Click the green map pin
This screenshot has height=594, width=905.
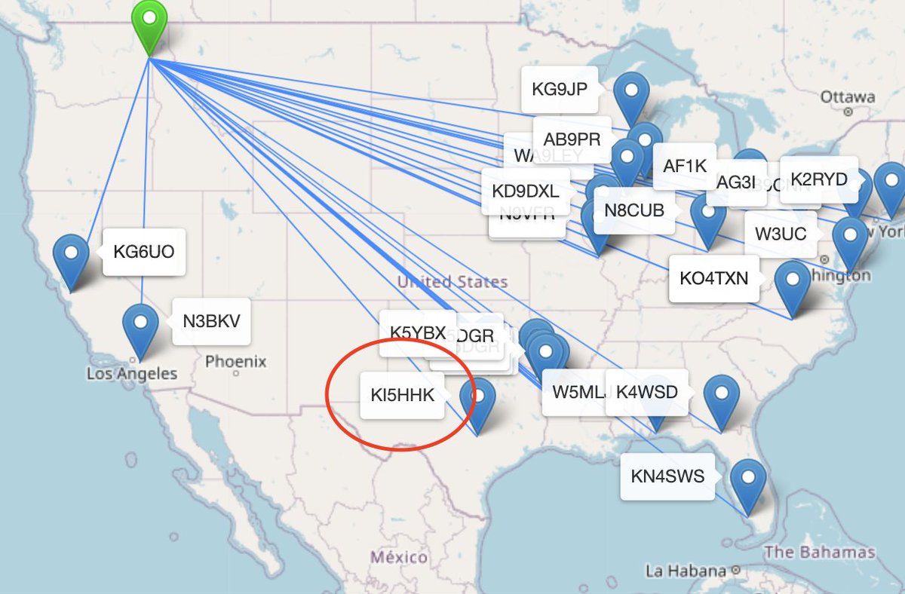(x=150, y=23)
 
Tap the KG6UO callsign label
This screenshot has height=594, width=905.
(x=143, y=252)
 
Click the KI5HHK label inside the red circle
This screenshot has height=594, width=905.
(x=403, y=395)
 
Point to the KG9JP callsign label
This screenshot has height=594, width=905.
(x=559, y=90)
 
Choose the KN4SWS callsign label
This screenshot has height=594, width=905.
(x=667, y=476)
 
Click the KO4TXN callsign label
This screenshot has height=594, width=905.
(x=713, y=278)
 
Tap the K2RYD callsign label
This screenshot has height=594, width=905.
(x=819, y=179)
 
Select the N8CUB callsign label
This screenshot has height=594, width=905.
(x=634, y=210)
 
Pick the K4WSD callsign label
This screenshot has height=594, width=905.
(x=647, y=393)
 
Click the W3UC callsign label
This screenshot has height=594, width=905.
(x=781, y=234)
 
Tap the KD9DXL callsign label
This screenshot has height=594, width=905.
(x=525, y=191)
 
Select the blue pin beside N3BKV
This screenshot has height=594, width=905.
(x=140, y=326)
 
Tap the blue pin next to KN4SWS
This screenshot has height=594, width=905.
(x=747, y=481)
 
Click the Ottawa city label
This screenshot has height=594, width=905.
(x=848, y=97)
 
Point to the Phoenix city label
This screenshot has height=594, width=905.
(x=236, y=362)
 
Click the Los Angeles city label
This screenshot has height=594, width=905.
(x=132, y=374)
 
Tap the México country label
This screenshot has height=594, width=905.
(x=399, y=558)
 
